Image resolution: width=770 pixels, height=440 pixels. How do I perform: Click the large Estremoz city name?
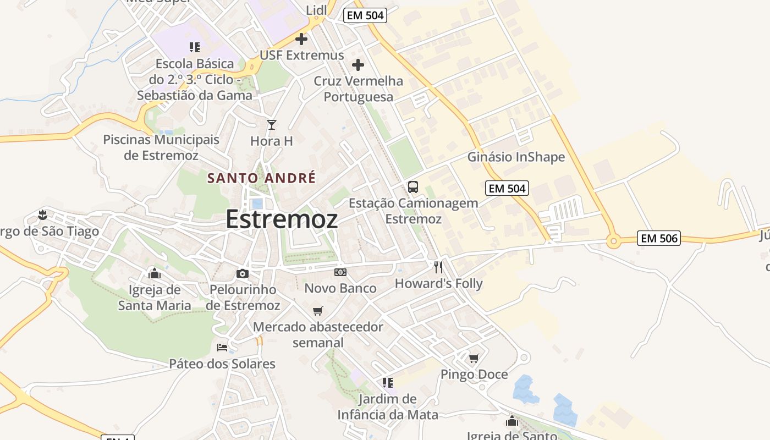(x=282, y=219)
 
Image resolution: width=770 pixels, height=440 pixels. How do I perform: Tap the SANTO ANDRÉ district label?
(x=261, y=178)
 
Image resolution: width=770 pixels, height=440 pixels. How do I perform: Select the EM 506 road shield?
(x=659, y=238)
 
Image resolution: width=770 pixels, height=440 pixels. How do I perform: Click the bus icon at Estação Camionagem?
(x=413, y=187)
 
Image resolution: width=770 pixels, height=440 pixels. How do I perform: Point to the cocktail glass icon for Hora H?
(x=271, y=125)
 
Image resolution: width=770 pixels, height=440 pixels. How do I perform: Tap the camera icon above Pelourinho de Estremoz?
(x=243, y=273)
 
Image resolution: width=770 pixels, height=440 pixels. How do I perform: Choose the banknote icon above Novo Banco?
(x=340, y=272)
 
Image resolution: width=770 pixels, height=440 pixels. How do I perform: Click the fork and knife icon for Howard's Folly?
(x=438, y=267)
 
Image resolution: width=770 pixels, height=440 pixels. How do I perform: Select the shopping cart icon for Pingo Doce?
(x=474, y=359)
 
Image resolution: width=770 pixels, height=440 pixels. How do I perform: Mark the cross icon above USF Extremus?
(x=301, y=39)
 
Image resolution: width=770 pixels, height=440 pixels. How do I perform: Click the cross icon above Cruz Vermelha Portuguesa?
(x=358, y=65)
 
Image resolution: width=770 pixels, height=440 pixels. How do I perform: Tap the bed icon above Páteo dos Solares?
(x=222, y=348)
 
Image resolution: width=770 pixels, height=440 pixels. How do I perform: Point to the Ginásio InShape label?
(x=516, y=157)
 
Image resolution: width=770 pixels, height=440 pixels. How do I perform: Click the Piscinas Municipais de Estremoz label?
(x=161, y=147)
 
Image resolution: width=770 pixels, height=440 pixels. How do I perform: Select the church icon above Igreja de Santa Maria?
(x=155, y=273)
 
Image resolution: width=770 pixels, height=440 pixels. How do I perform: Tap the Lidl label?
(x=316, y=9)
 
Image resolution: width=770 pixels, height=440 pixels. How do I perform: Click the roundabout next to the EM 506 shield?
(x=613, y=241)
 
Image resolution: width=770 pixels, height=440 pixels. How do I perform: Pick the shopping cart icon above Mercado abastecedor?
(x=317, y=311)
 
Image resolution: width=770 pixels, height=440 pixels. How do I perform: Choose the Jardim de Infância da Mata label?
(x=388, y=406)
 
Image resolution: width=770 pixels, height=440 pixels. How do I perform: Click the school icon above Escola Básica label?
(x=194, y=47)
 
